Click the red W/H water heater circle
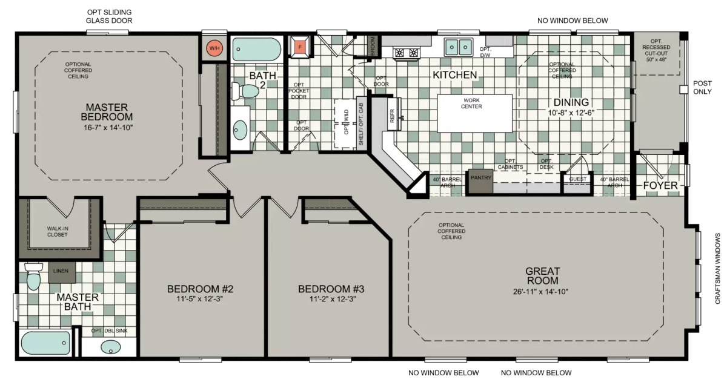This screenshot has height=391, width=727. (x=214, y=48)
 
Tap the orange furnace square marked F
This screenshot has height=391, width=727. (x=300, y=47)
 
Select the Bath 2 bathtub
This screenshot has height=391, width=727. (x=257, y=49)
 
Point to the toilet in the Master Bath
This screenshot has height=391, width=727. (x=33, y=276)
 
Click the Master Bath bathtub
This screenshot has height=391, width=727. (x=45, y=343)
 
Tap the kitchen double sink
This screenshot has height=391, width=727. (x=458, y=47)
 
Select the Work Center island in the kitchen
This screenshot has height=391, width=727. (x=475, y=113)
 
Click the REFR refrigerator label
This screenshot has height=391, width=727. (x=392, y=116)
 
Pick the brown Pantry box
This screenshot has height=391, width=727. (x=480, y=182)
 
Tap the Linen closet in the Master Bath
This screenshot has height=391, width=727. (x=62, y=272)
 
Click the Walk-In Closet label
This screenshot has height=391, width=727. (x=58, y=231)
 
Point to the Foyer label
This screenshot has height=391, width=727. (x=660, y=185)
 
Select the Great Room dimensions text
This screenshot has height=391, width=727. (x=540, y=292)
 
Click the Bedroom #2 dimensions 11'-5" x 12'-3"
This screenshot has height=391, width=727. (x=199, y=298)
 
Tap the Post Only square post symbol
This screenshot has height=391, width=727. (x=684, y=90)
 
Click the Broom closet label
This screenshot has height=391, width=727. (x=373, y=46)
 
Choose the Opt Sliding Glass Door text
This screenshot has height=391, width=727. (x=109, y=16)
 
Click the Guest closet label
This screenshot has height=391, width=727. (x=578, y=179)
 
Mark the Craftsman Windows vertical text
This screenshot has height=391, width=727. (x=717, y=269)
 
